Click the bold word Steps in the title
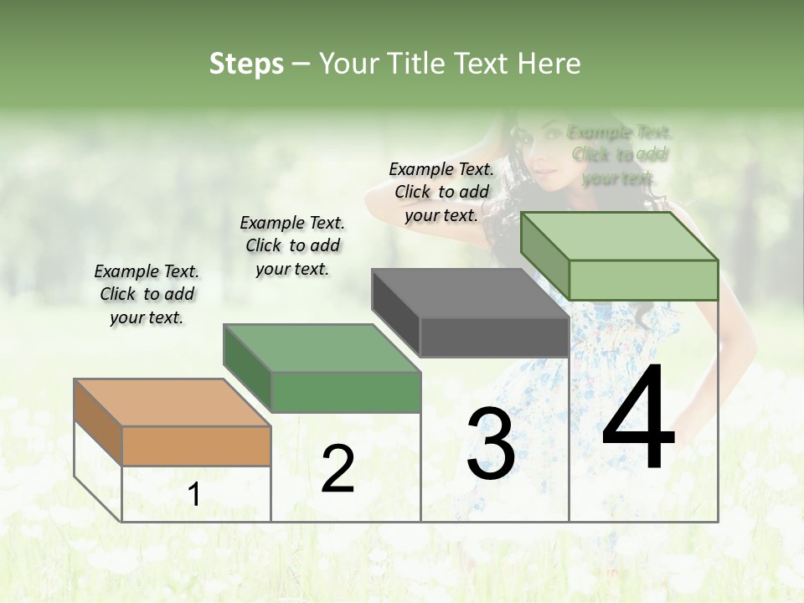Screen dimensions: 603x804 (246, 64)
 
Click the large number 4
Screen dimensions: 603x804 (638, 418)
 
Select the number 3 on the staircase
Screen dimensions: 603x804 (490, 444)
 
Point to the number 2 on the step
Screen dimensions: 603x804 (338, 469)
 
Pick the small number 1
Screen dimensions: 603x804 (193, 495)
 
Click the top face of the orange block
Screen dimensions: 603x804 (173, 403)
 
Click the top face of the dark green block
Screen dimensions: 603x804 (322, 348)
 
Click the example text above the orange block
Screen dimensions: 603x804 (147, 294)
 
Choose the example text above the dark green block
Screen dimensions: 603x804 (292, 245)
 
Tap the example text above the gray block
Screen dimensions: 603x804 (441, 192)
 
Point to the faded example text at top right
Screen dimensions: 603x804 (620, 155)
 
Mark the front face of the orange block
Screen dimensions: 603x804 (197, 446)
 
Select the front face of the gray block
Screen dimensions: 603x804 (494, 338)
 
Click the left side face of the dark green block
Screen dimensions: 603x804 (247, 368)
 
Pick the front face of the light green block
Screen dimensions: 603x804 (643, 280)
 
